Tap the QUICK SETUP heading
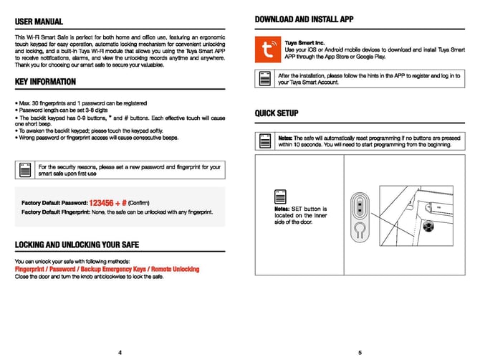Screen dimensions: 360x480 (x=277, y=113)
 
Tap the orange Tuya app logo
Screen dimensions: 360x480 (x=269, y=49)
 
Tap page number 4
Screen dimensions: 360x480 (x=120, y=352)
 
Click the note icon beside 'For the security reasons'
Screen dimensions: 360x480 (x=25, y=169)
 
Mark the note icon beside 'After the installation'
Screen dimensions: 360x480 (x=265, y=78)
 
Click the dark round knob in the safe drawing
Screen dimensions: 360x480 (x=430, y=227)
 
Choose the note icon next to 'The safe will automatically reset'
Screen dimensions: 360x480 (x=265, y=141)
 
